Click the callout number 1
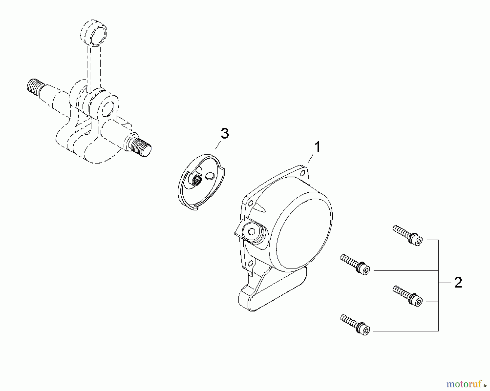coord(317,147)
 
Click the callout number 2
coord(458,283)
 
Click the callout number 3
coord(225,134)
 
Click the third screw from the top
coord(408,296)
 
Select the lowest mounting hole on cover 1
coord(250,263)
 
